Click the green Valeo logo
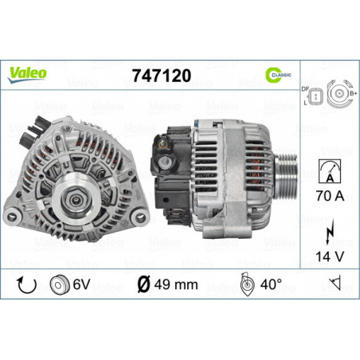[x=27, y=75]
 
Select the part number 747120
[x=162, y=76]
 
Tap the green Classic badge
[x=278, y=75]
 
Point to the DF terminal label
[x=305, y=89]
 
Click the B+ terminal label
[x=354, y=93]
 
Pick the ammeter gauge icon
[x=330, y=171]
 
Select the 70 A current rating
[x=330, y=196]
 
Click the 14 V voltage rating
[x=330, y=256]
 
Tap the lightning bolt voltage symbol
[x=330, y=232]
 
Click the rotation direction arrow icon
[x=26, y=285]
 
